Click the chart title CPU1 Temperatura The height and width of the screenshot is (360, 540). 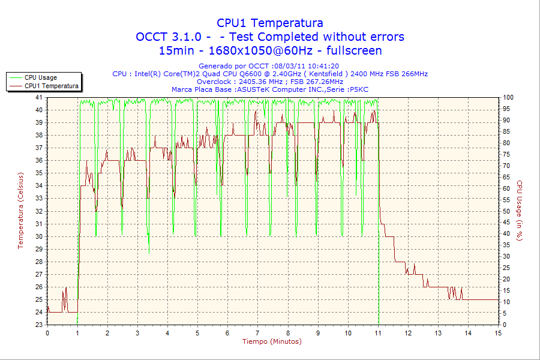pyautogui.click(x=270, y=23)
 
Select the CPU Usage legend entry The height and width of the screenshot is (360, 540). pyautogui.click(x=41, y=77)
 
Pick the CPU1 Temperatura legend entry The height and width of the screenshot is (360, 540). pyautogui.click(x=51, y=86)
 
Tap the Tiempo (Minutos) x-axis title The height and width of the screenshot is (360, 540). pyautogui.click(x=272, y=341)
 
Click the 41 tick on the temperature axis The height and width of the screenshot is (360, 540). pyautogui.click(x=39, y=97)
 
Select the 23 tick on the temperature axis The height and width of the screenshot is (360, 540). pyautogui.click(x=39, y=325)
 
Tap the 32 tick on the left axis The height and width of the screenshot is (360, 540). pyautogui.click(x=39, y=211)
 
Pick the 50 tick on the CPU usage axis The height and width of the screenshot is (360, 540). pyautogui.click(x=507, y=211)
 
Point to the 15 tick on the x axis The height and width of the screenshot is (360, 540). pyautogui.click(x=498, y=333)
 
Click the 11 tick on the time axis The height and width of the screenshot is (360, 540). pyautogui.click(x=378, y=333)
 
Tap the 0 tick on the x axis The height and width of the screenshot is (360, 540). pyautogui.click(x=47, y=333)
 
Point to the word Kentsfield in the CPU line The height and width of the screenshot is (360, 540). pyautogui.click(x=326, y=74)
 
